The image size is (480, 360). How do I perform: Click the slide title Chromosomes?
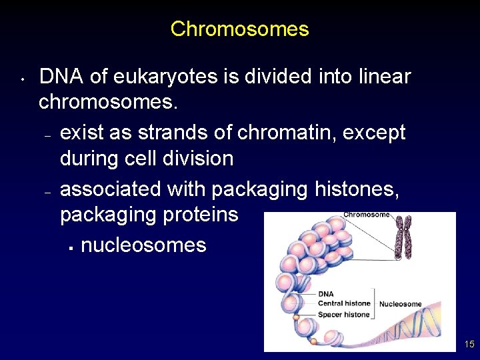[x=239, y=29]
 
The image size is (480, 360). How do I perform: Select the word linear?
[x=385, y=77]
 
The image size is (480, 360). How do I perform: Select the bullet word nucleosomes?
[x=143, y=245]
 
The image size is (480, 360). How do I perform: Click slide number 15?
[x=469, y=345]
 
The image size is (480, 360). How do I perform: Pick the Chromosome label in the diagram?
[x=367, y=215]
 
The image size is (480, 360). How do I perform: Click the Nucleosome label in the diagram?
[x=400, y=304]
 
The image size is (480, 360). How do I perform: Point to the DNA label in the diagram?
[x=326, y=293]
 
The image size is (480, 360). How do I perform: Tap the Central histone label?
[x=344, y=304]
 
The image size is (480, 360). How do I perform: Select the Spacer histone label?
[x=343, y=315]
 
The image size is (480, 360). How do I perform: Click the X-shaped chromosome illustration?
[x=403, y=237]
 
